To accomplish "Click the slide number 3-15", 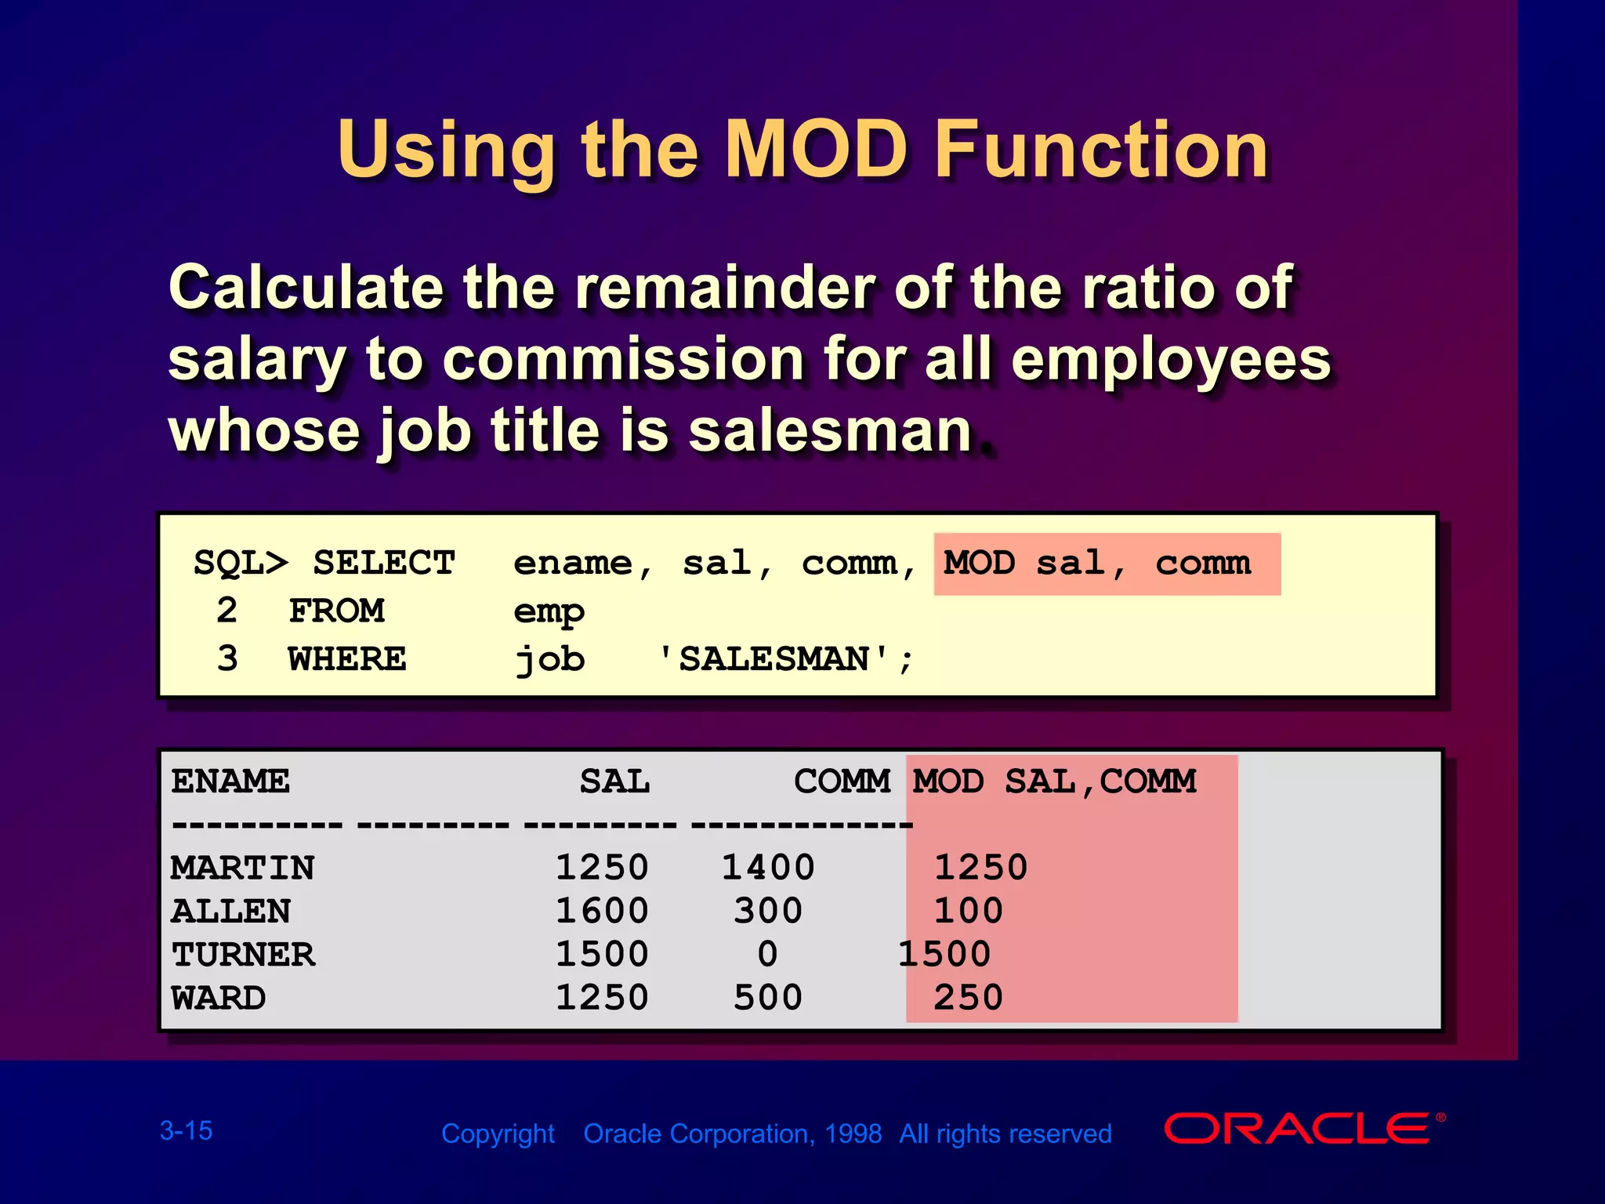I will pos(186,1131).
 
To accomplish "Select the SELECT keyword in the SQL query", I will pos(384,564).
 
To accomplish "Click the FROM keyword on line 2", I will pos(336,611).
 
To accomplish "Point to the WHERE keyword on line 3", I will pos(347,659).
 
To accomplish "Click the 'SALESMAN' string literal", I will pos(774,659).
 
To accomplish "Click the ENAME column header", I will pos(230,782).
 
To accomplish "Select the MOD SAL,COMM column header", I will pos(1054,782).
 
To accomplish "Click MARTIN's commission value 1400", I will pos(768,868).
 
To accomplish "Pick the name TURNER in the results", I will pos(244,955).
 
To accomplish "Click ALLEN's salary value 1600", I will pos(602,911).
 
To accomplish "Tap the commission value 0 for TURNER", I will pos(768,955).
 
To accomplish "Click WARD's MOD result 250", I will pos(968,998).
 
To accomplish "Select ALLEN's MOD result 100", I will pos(968,911).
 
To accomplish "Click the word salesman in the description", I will pos(830,431).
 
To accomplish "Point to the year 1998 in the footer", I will pos(853,1134).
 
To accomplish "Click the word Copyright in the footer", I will pos(498,1134).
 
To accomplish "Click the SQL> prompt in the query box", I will pos(241,564).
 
